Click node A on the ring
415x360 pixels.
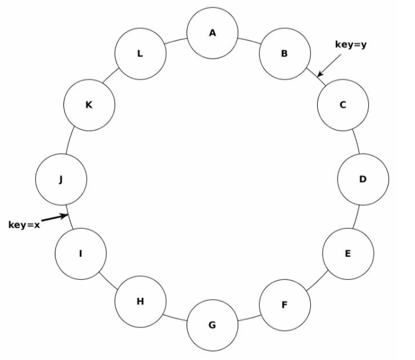[x=212, y=33]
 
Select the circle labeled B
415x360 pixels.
[x=284, y=54]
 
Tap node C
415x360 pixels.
[x=343, y=105]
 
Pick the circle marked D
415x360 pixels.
[x=363, y=179]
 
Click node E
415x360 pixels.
[x=348, y=253]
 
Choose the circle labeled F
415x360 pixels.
[x=284, y=305]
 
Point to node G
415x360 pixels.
[x=212, y=325]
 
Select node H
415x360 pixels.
[x=140, y=301]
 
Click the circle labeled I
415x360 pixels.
[x=80, y=253]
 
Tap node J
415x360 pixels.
[x=61, y=179]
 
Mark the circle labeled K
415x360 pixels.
[x=89, y=105]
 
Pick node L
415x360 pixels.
[x=140, y=54]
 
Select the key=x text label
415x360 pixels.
[x=24, y=225]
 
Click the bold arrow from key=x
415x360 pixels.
[x=54, y=218]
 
